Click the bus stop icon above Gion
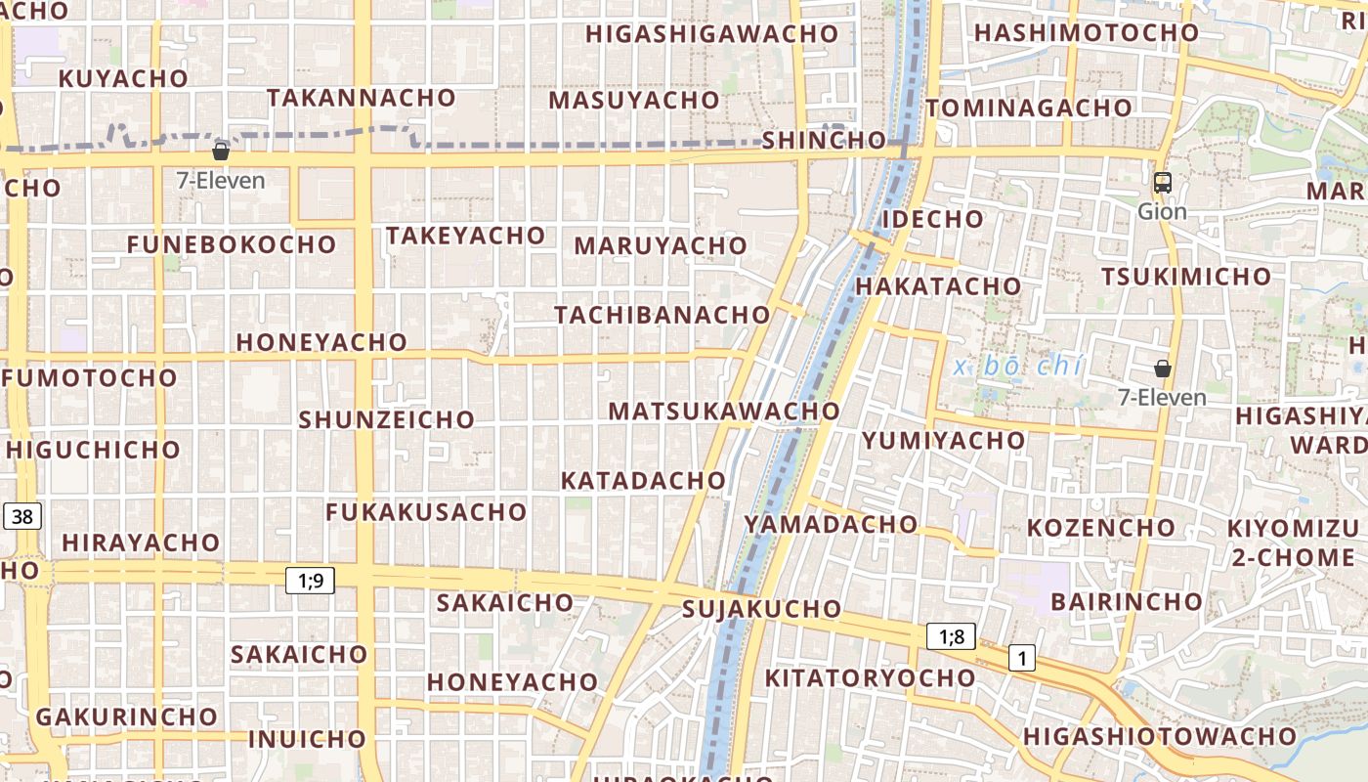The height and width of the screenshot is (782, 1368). coord(1163,183)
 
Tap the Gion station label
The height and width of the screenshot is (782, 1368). coord(1163,211)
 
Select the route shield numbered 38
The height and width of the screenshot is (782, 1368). coord(21,516)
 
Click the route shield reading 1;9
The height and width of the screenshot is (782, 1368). coord(310,581)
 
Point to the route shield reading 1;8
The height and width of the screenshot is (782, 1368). coord(952,637)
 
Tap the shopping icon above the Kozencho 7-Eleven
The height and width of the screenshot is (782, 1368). coord(1163,369)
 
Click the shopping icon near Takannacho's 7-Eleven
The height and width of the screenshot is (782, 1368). coord(221,151)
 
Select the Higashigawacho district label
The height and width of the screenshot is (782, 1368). coord(712,34)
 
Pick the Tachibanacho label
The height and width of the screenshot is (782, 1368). coord(663,315)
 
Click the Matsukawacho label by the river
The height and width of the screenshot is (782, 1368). coord(724,412)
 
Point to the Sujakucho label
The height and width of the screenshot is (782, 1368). coord(762,609)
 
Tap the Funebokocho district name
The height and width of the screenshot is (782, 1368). coord(232,244)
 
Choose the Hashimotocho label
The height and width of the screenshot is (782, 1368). coord(1087,32)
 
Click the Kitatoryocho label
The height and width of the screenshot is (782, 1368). coord(870,677)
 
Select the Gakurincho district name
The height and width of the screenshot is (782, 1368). coord(127,717)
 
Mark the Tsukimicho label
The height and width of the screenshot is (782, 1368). coord(1186,277)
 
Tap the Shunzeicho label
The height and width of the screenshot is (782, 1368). coord(387,419)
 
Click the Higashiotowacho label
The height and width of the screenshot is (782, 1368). coord(1160,736)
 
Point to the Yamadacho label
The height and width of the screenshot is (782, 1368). coord(832,524)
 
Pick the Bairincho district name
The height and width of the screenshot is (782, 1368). coord(1127,600)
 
